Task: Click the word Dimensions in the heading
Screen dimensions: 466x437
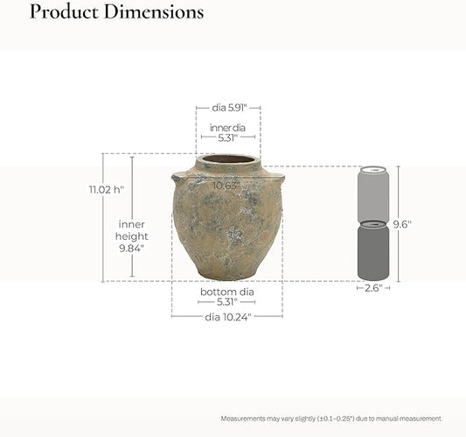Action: (154, 12)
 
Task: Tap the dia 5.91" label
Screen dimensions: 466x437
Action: (229, 108)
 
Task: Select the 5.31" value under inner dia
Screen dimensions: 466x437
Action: (228, 137)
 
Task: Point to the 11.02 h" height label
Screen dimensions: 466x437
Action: (107, 190)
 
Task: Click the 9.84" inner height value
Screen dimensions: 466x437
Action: (132, 248)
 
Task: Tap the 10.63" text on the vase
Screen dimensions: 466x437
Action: (226, 186)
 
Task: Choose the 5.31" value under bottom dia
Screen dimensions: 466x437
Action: (227, 302)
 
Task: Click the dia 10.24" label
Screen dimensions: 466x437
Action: (228, 317)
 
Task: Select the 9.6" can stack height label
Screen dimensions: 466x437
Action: (403, 224)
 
